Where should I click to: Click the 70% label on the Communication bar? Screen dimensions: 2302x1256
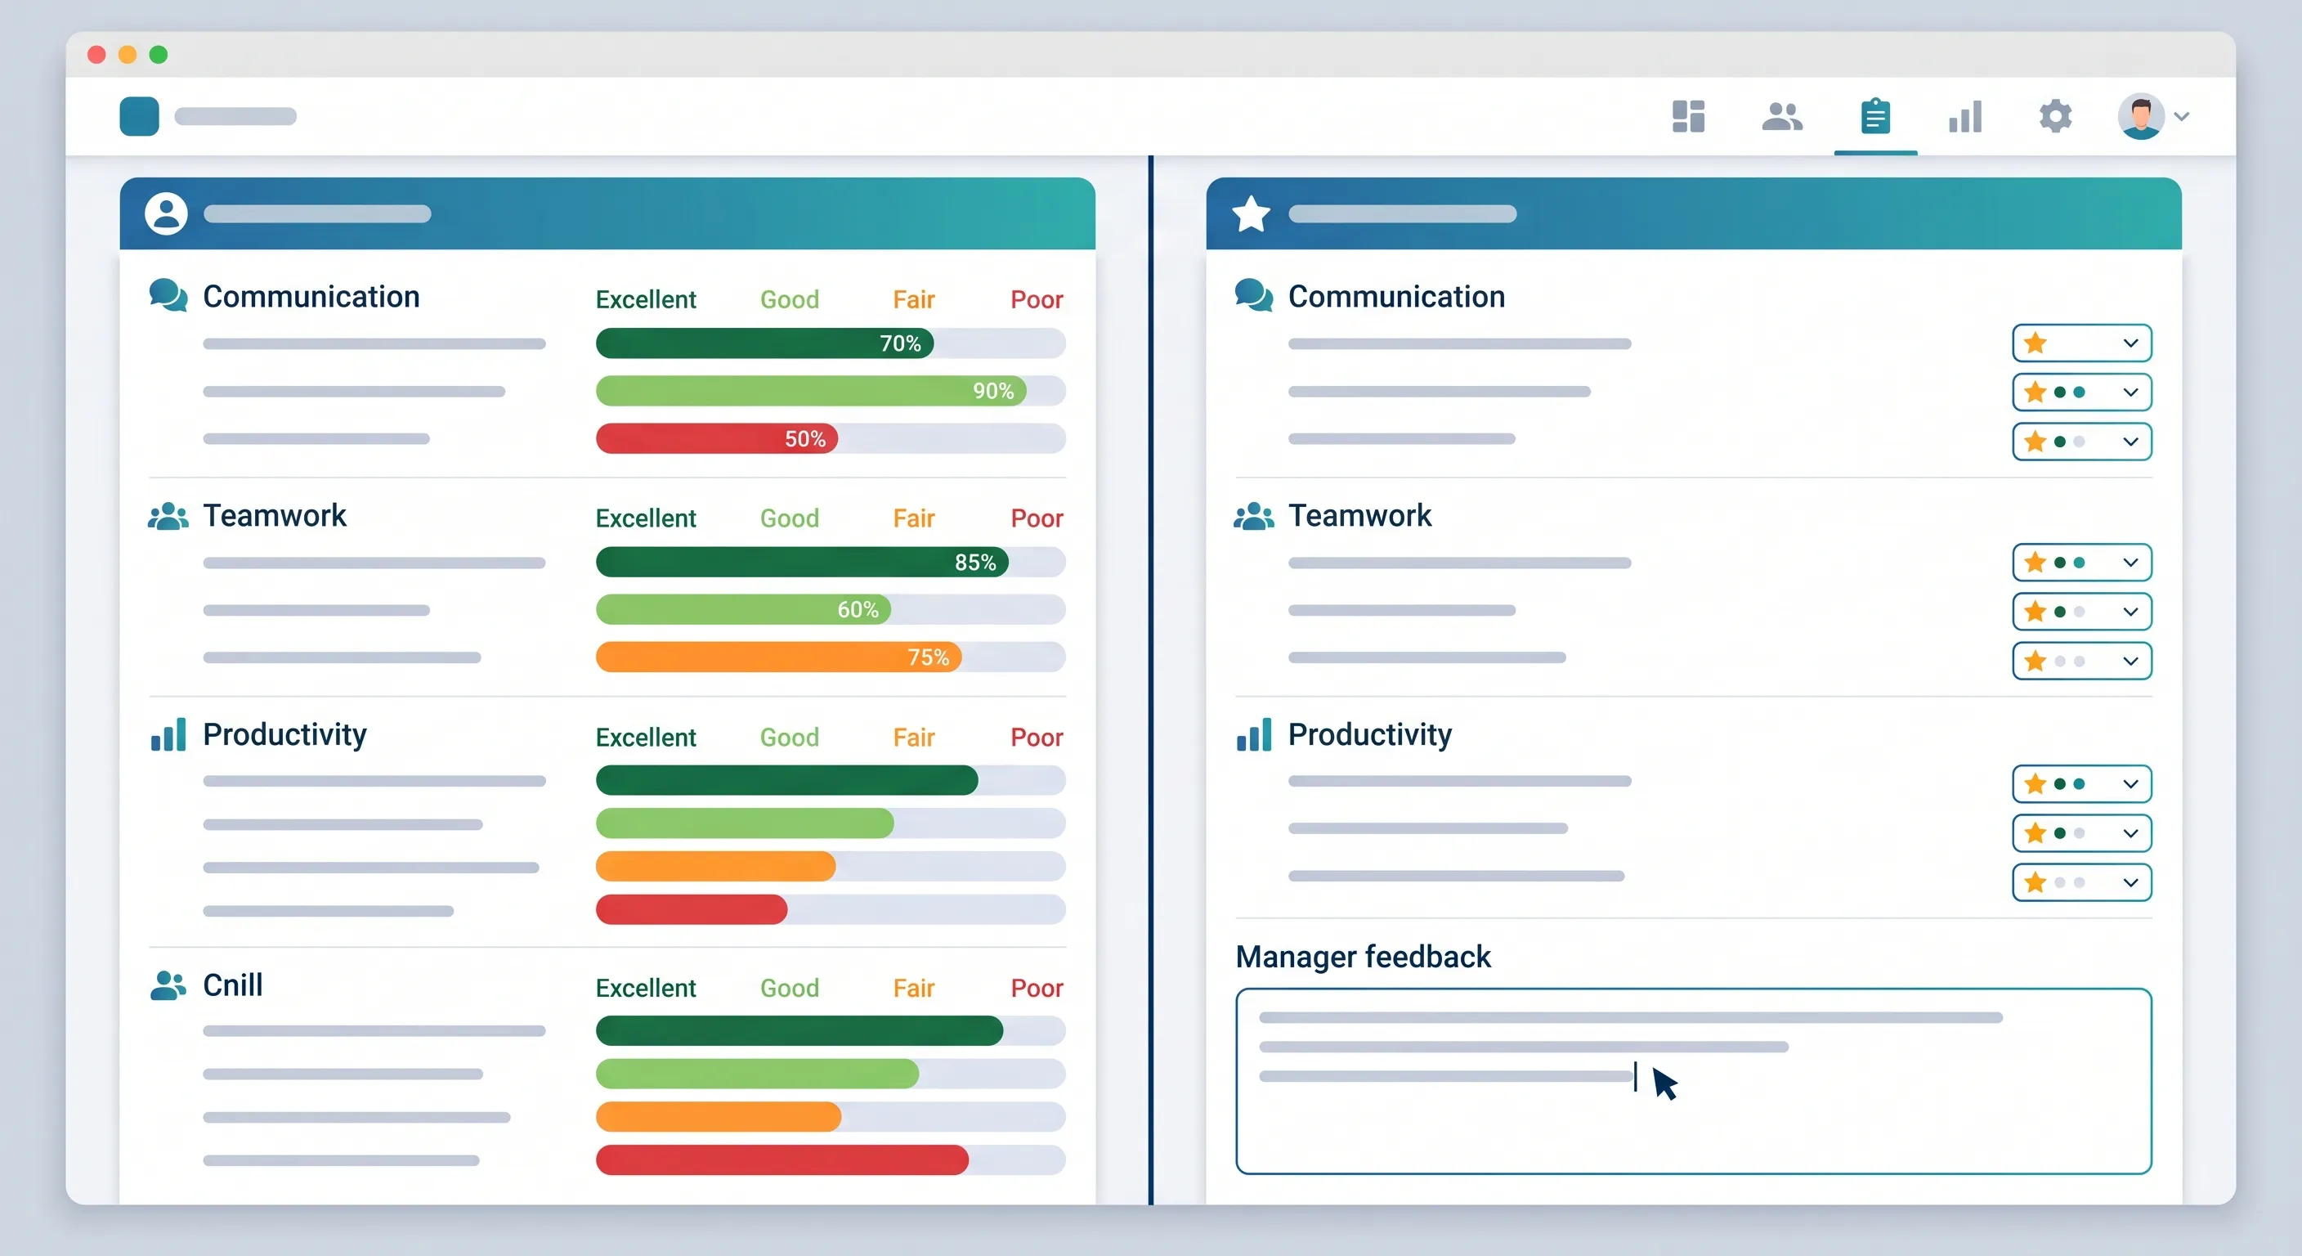click(x=900, y=343)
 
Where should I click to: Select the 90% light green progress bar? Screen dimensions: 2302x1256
click(x=811, y=391)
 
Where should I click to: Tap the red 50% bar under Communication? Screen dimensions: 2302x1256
click(x=717, y=439)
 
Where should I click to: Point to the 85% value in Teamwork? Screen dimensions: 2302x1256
click(x=975, y=563)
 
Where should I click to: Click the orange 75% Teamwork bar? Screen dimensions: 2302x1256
click(x=778, y=657)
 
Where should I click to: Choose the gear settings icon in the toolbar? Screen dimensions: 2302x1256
click(x=2055, y=116)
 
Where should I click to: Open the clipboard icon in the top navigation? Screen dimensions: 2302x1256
click(x=1874, y=116)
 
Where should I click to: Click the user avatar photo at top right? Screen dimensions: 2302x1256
click(x=2141, y=116)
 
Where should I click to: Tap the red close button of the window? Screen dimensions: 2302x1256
click(x=96, y=55)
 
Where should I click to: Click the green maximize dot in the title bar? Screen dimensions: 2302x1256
click(x=158, y=55)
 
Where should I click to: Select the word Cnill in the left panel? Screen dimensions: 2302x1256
click(x=232, y=985)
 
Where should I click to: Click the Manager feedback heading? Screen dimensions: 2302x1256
click(x=1363, y=957)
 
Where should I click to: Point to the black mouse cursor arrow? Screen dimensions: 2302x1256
click(x=1663, y=1082)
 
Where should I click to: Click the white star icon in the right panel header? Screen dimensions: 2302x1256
click(x=1251, y=213)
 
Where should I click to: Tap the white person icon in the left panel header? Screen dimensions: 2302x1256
click(x=166, y=213)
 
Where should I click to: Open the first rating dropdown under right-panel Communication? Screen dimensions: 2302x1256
click(x=2081, y=343)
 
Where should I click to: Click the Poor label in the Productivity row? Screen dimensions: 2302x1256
click(x=1037, y=738)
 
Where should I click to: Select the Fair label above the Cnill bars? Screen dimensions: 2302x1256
click(x=913, y=988)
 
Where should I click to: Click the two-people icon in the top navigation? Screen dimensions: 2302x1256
click(x=1782, y=116)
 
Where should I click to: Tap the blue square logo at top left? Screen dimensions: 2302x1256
click(x=140, y=116)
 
